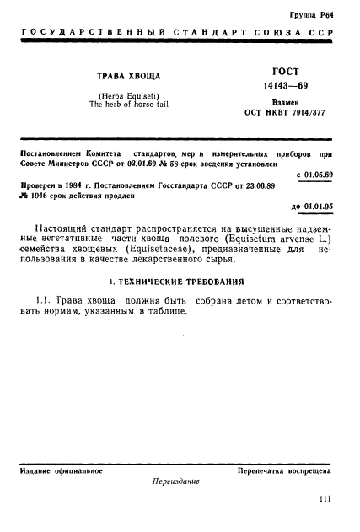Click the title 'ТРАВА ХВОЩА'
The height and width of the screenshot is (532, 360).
[x=128, y=77]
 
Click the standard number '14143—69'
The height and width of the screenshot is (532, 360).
[x=285, y=85]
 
